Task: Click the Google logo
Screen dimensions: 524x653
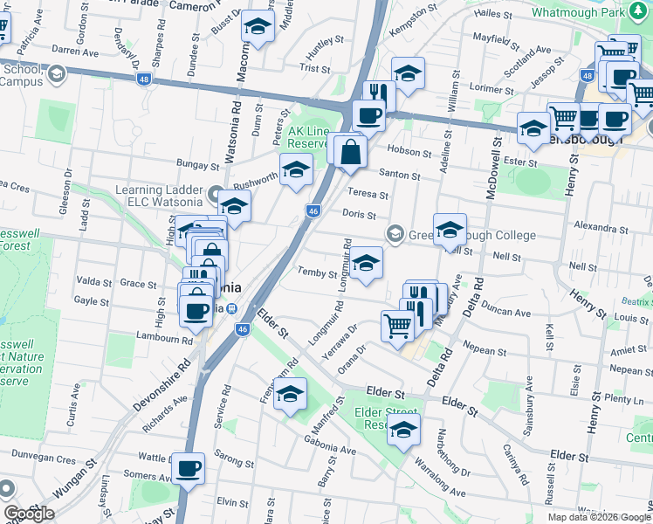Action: tap(28, 514)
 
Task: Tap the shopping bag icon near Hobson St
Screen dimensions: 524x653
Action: tap(349, 152)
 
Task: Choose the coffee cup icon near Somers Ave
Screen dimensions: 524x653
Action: tap(188, 469)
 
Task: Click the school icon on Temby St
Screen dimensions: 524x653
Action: tap(367, 262)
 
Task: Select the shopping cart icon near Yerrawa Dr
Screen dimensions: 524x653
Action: tap(397, 326)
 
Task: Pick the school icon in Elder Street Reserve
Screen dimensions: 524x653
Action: tap(403, 429)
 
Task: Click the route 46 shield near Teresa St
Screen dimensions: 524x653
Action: tap(313, 210)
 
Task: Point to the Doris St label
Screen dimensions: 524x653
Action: tap(359, 215)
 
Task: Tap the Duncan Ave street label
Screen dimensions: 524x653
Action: tap(505, 312)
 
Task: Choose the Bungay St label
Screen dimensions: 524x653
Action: tap(196, 164)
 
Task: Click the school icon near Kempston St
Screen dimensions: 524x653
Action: tap(408, 74)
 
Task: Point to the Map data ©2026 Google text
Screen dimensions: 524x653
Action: tap(599, 517)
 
